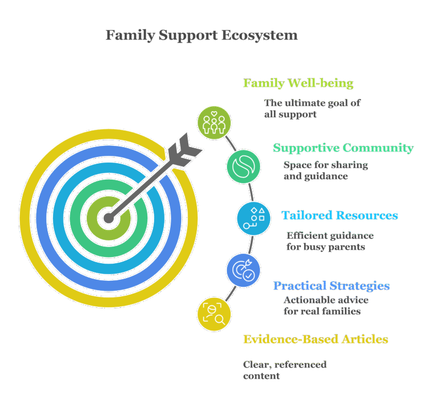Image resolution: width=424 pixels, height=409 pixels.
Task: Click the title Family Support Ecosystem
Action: (202, 36)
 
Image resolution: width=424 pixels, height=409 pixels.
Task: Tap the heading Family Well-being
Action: (298, 84)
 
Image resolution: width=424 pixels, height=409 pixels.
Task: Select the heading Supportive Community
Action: (343, 148)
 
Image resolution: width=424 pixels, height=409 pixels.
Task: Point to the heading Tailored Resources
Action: (340, 215)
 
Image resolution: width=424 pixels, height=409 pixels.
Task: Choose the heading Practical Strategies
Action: (332, 286)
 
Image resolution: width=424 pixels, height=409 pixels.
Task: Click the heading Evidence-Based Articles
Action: (316, 339)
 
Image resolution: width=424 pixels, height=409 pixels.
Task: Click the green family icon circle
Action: (214, 122)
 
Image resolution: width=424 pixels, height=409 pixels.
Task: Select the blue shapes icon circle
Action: (253, 218)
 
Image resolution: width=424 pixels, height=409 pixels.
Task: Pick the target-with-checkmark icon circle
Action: (243, 269)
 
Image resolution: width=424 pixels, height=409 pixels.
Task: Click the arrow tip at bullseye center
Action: (109, 218)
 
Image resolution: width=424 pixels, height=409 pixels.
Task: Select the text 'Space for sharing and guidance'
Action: (326, 170)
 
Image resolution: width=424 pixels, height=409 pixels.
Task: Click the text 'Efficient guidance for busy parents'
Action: (330, 241)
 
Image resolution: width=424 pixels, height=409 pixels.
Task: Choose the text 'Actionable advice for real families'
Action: (326, 305)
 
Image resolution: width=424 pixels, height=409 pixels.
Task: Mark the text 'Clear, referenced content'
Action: (284, 370)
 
